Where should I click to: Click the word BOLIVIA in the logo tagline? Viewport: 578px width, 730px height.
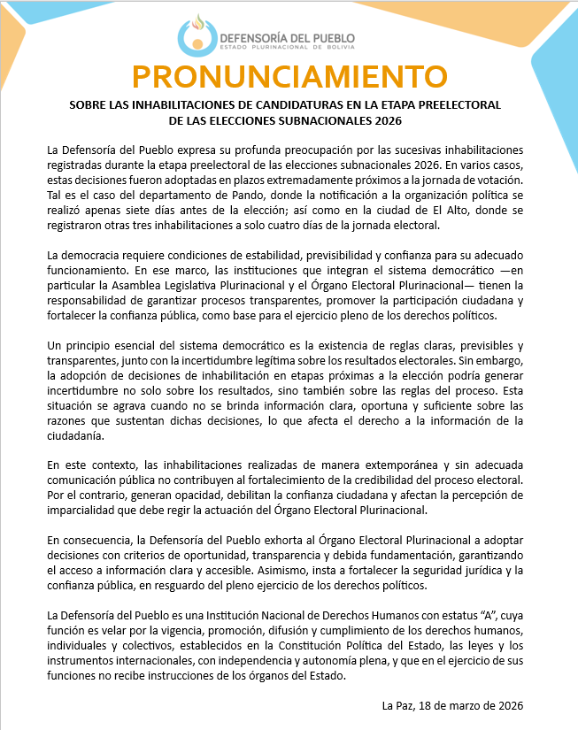click(x=338, y=48)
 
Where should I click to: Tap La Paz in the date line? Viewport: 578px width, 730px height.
click(x=399, y=705)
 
